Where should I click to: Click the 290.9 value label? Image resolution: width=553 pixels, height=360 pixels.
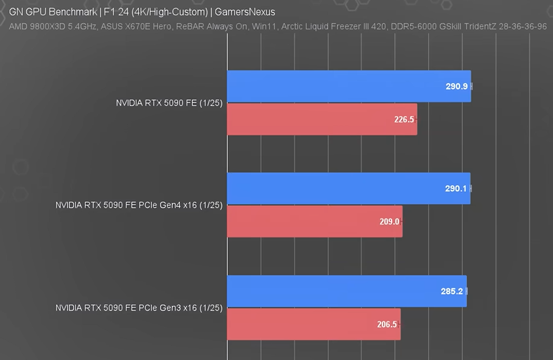coord(457,87)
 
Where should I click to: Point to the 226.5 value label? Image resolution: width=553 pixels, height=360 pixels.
coord(404,120)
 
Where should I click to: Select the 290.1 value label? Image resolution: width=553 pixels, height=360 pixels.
coord(456,189)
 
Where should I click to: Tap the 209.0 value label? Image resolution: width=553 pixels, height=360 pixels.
coord(390,222)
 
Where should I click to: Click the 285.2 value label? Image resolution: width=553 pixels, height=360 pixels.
coord(452,292)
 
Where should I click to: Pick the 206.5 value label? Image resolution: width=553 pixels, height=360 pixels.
coord(387,325)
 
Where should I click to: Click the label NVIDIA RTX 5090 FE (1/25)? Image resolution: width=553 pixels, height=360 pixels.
coord(169,103)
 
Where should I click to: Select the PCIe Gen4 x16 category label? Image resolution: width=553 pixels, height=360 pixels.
coord(139,205)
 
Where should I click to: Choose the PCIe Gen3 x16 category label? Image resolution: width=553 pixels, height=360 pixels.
coord(139,307)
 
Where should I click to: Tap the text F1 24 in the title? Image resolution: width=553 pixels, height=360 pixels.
coord(116,12)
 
